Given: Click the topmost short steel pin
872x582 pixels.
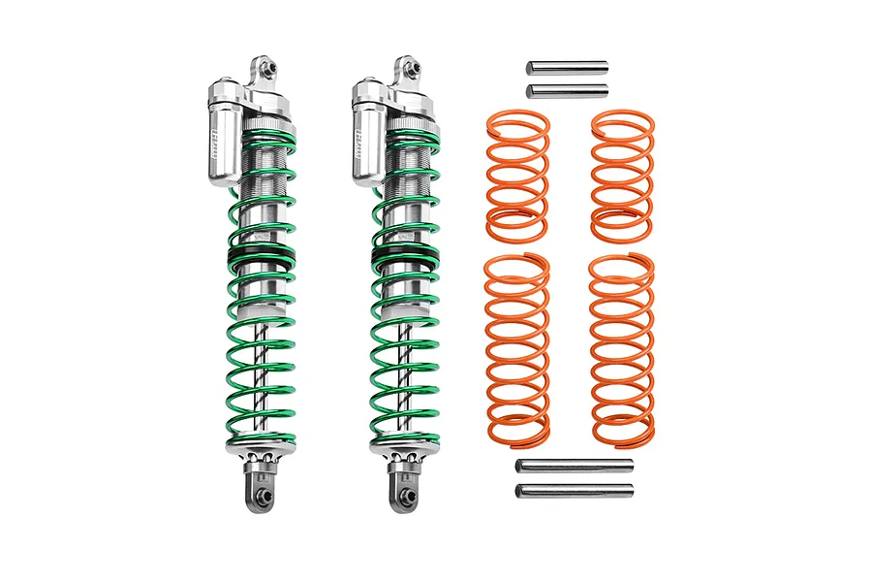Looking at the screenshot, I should pos(567,67).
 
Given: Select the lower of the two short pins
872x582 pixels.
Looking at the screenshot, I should pos(567,90).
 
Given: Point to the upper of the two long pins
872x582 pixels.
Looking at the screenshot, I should pos(575,467).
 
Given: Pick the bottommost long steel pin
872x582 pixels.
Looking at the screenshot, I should pos(575,490).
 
